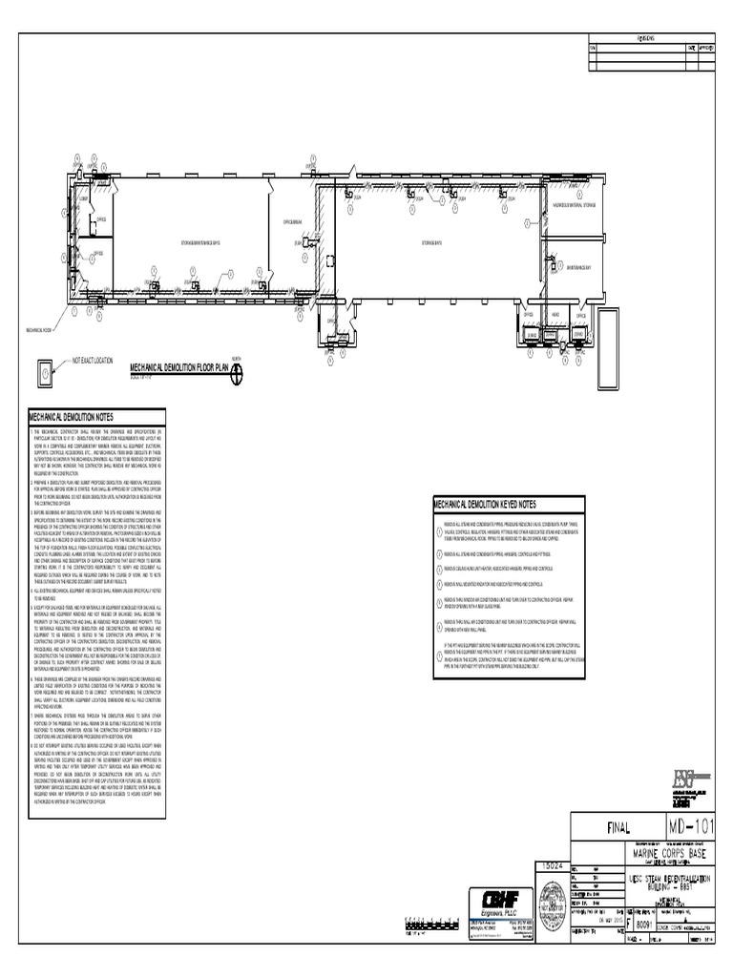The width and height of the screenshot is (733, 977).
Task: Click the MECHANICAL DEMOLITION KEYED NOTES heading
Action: pos(485,504)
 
